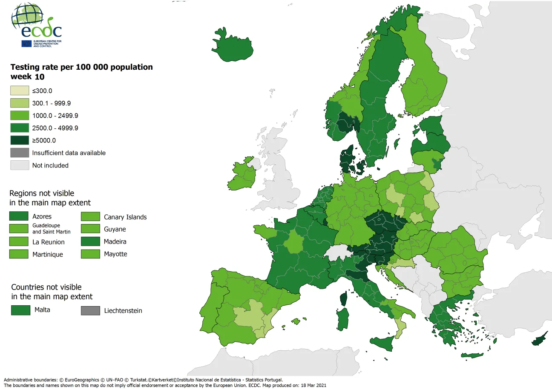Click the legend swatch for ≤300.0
[x=19, y=91]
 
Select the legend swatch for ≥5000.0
[x=19, y=140]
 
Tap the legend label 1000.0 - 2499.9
[x=55, y=116]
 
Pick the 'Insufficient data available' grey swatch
[x=19, y=153]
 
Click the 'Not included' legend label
[x=50, y=165]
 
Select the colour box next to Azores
[x=19, y=216]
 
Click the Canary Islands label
[x=125, y=217]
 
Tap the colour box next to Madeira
[x=90, y=242]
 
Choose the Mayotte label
[x=115, y=254]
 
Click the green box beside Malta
[x=20, y=310]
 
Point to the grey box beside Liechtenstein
[x=90, y=311]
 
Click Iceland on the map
[x=232, y=45]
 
